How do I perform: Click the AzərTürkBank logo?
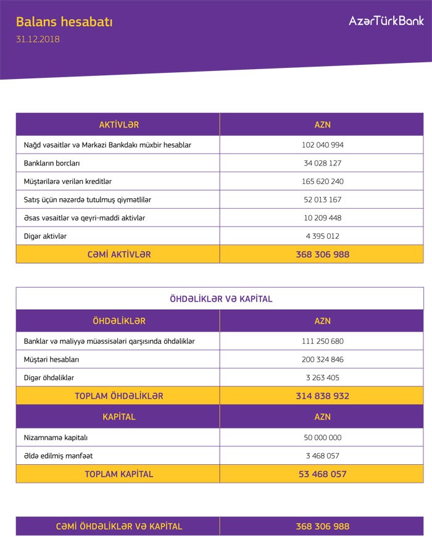point(386,20)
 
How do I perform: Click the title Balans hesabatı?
point(64,22)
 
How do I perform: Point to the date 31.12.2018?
point(38,39)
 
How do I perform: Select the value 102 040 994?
point(322,145)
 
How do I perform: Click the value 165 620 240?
point(322,181)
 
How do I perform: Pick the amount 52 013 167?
point(322,199)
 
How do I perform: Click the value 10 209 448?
point(322,218)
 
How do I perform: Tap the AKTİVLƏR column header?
point(118,125)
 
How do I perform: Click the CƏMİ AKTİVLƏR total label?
point(118,254)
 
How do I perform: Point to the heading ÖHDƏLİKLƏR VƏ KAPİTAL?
point(220,299)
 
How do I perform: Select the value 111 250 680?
point(322,341)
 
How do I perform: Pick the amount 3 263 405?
point(322,377)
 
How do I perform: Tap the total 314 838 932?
point(322,396)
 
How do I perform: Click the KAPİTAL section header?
point(118,417)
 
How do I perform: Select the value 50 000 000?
point(322,438)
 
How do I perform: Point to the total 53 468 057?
point(322,474)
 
